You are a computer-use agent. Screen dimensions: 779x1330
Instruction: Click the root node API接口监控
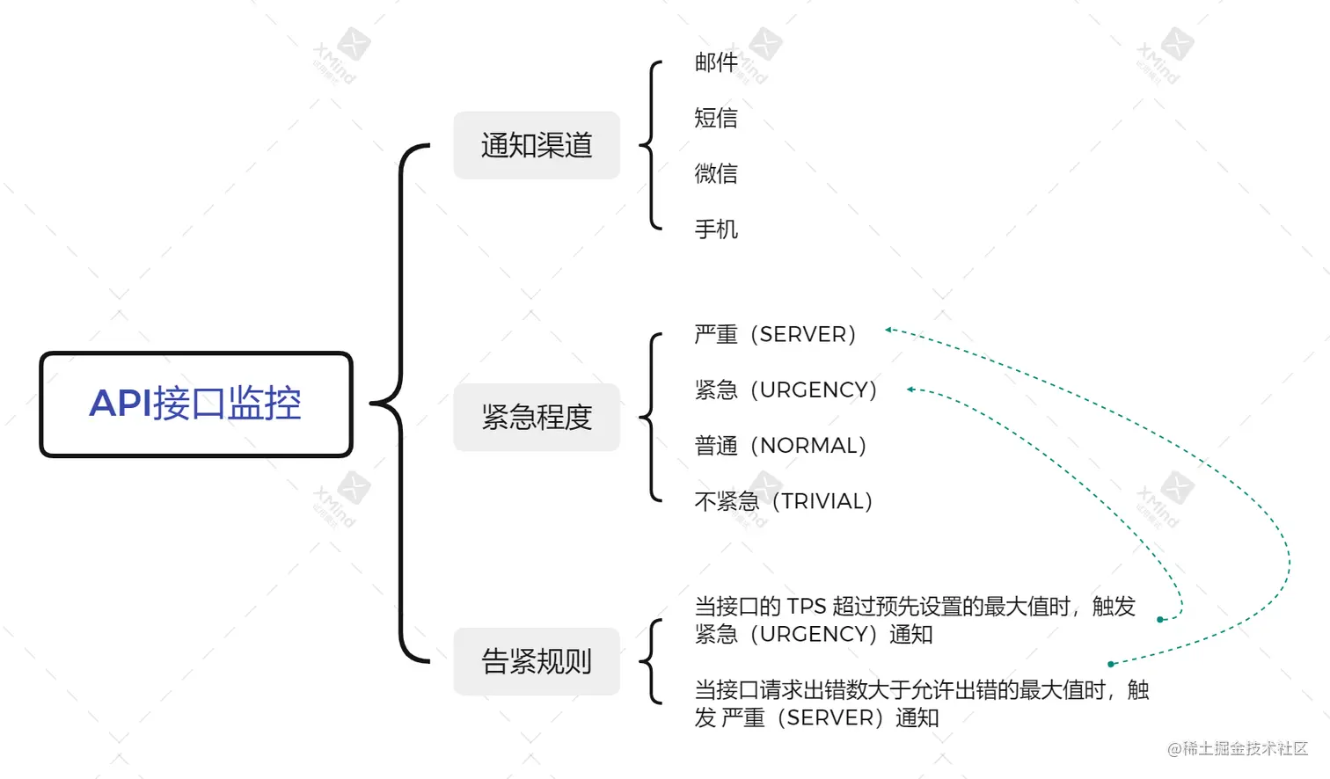[x=195, y=404]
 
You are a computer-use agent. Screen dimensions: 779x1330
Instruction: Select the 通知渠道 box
[x=537, y=145]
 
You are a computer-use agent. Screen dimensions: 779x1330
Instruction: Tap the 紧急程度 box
[x=537, y=417]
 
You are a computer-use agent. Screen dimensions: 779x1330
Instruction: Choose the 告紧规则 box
[x=537, y=661]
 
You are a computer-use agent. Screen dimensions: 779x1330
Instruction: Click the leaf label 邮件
[x=716, y=62]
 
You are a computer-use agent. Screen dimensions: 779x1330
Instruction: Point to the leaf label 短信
[x=716, y=118]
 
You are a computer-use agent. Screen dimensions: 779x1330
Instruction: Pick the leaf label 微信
[x=716, y=173]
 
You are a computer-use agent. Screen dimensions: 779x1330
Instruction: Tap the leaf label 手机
[x=716, y=229]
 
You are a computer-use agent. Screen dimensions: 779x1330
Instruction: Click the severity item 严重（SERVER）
[x=775, y=334]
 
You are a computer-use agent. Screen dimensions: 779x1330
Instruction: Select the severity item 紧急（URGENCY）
[x=786, y=389]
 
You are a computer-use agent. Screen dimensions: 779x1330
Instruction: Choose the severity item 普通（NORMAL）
[x=780, y=446]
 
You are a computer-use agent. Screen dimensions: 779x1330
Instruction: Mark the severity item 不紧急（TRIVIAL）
[x=783, y=501]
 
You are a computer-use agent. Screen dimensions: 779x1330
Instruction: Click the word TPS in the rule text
[x=807, y=607]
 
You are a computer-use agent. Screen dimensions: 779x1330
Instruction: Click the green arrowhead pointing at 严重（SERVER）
[x=889, y=330]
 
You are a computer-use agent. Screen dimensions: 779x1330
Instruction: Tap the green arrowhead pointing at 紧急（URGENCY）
[x=911, y=389]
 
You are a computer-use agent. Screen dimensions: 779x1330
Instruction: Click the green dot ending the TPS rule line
[x=1160, y=620]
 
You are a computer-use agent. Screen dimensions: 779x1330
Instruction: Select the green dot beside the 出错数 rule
[x=1111, y=664]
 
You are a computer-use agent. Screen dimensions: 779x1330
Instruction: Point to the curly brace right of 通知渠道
[x=652, y=145]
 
